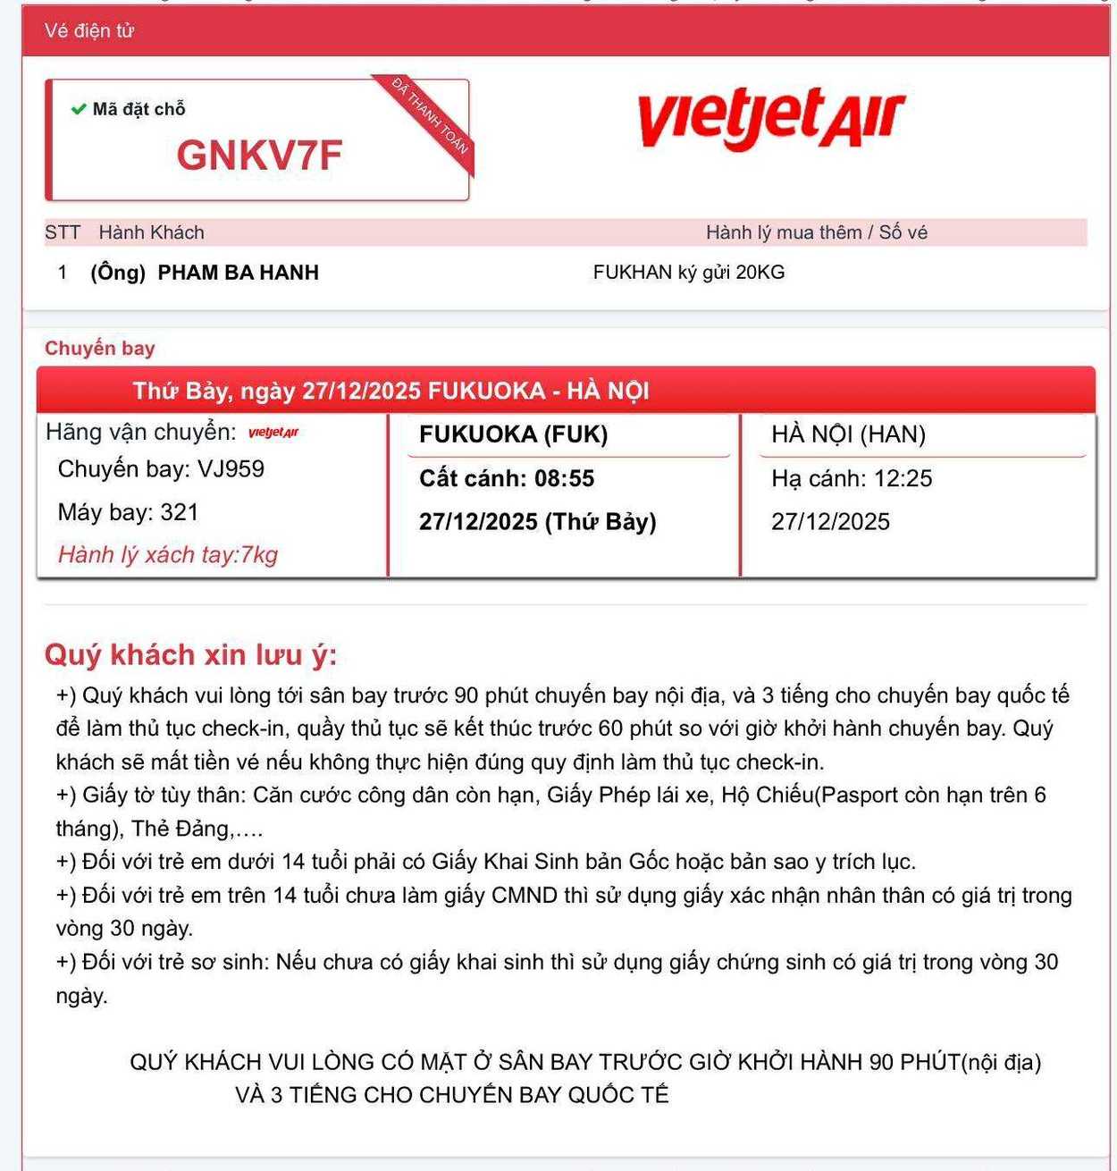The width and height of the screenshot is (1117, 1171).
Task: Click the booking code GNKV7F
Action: pyautogui.click(x=259, y=155)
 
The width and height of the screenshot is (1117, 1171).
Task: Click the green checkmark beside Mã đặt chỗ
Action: pyautogui.click(x=79, y=109)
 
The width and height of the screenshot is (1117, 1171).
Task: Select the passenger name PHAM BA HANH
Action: pyautogui.click(x=238, y=273)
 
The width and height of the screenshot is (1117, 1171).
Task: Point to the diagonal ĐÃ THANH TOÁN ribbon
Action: pyautogui.click(x=432, y=117)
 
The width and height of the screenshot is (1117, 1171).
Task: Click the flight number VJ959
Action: pyautogui.click(x=231, y=468)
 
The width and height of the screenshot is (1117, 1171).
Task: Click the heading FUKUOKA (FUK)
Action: pyautogui.click(x=513, y=434)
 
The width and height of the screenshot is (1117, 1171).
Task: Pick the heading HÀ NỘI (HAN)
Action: pyautogui.click(x=848, y=434)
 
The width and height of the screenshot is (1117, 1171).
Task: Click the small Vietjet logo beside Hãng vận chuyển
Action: pyautogui.click(x=273, y=433)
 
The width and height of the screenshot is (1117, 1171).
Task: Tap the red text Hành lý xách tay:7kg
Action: pyautogui.click(x=168, y=554)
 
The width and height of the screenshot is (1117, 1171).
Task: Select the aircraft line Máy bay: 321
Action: pyautogui.click(x=128, y=512)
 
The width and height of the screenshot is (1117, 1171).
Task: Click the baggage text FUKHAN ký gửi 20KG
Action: pyautogui.click(x=688, y=273)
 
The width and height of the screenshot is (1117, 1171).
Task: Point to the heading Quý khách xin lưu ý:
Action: pyautogui.click(x=190, y=654)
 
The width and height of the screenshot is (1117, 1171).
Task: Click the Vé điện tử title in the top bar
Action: pyautogui.click(x=88, y=30)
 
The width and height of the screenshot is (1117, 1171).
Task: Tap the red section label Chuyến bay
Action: pyautogui.click(x=99, y=348)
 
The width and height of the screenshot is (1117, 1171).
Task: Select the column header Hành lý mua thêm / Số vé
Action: pyautogui.click(x=816, y=232)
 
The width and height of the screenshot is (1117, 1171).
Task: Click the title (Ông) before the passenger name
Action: pyautogui.click(x=118, y=273)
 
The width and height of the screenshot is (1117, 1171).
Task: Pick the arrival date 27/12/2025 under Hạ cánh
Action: pyautogui.click(x=830, y=522)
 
